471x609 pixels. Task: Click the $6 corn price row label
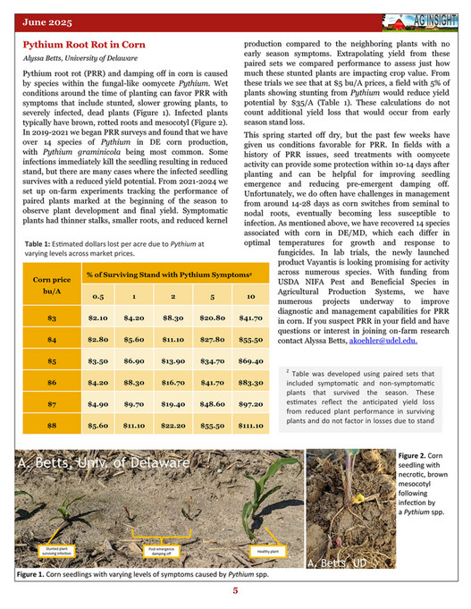[x=52, y=382]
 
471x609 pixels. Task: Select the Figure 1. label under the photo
[x=37, y=575]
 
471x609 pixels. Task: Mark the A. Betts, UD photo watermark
[x=337, y=563]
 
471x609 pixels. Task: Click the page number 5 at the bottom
[x=236, y=591]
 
